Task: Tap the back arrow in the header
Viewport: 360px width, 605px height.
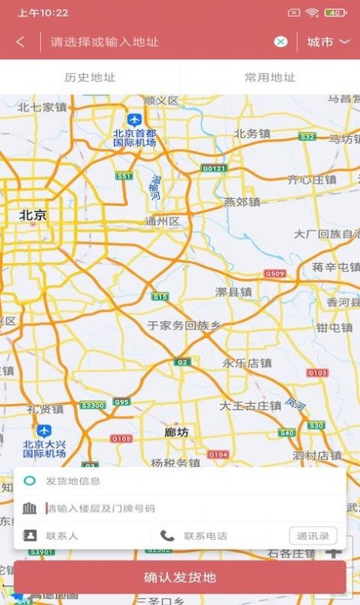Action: coord(20,42)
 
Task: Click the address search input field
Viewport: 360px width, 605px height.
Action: coord(153,42)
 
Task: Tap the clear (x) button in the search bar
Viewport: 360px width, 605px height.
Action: coord(281,42)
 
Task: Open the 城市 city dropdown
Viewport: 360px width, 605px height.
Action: coord(328,42)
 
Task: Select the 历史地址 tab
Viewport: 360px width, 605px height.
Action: coord(90,77)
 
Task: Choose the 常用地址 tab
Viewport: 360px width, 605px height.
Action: coord(270,77)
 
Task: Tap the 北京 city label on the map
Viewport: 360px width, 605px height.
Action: coord(33,216)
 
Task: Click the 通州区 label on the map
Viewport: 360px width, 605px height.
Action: coord(161,222)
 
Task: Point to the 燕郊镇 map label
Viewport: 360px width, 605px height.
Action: coord(242,202)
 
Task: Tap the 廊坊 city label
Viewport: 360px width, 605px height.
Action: coord(177,432)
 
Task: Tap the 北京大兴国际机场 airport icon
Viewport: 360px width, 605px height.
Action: coord(44,431)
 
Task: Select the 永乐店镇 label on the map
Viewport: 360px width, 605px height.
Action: coord(247,363)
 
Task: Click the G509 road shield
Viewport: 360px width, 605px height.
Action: coord(274,273)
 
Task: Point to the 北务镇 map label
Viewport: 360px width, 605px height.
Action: coord(252,133)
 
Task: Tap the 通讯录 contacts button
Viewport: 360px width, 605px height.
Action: coord(313,535)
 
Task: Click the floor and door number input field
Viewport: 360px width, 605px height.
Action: coord(183,509)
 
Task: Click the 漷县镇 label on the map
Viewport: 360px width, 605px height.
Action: coord(233,291)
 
